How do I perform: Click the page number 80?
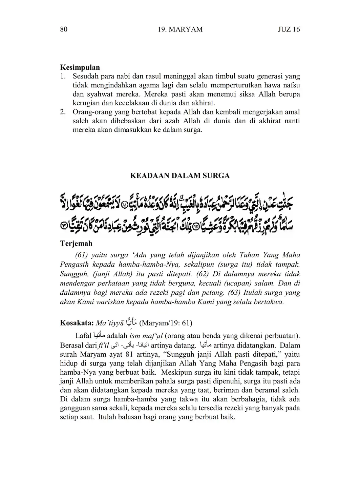click(64, 29)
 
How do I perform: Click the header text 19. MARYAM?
click(180, 29)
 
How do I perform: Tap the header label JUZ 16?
click(289, 29)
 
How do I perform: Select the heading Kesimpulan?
click(80, 67)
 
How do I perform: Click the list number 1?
click(63, 76)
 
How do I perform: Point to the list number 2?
click(63, 112)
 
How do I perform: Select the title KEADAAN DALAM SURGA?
click(180, 175)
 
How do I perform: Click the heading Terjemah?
click(76, 244)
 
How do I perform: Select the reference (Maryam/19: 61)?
click(166, 323)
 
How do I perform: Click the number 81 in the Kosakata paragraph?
click(120, 355)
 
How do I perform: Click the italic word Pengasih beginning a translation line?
click(75, 265)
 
